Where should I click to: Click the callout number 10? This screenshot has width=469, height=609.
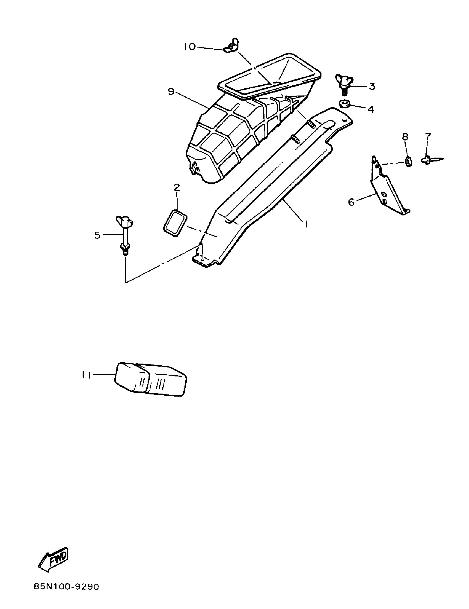(190, 47)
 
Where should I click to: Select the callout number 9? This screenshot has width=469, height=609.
(171, 92)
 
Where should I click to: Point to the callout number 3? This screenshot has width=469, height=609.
(372, 86)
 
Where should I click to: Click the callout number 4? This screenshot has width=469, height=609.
(370, 109)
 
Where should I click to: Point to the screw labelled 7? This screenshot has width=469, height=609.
(431, 160)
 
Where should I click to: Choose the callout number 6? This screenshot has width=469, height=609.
(351, 202)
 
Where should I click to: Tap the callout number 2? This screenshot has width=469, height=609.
(177, 187)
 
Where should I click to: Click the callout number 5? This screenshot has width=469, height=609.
(97, 235)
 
